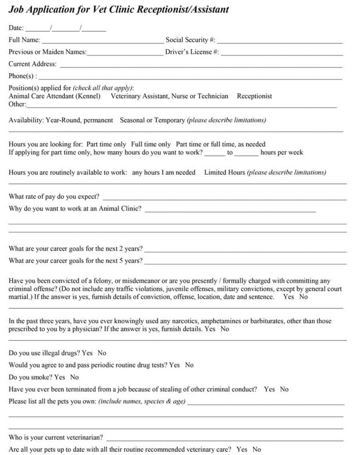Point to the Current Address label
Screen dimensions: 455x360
(32, 64)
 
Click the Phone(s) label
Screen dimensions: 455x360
(23, 76)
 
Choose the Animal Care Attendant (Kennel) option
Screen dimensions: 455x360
(55, 96)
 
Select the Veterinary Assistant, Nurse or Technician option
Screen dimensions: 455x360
(170, 96)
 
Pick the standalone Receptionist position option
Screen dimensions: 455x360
(254, 96)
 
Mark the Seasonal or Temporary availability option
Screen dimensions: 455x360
(152, 120)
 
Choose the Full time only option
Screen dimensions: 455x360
(151, 144)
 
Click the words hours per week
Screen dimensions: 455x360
(281, 152)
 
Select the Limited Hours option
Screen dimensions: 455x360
(225, 172)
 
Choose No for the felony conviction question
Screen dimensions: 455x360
(303, 297)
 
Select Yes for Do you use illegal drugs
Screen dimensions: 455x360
(87, 353)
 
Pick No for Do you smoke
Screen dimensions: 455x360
(75, 377)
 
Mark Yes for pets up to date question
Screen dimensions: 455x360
(242, 450)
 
